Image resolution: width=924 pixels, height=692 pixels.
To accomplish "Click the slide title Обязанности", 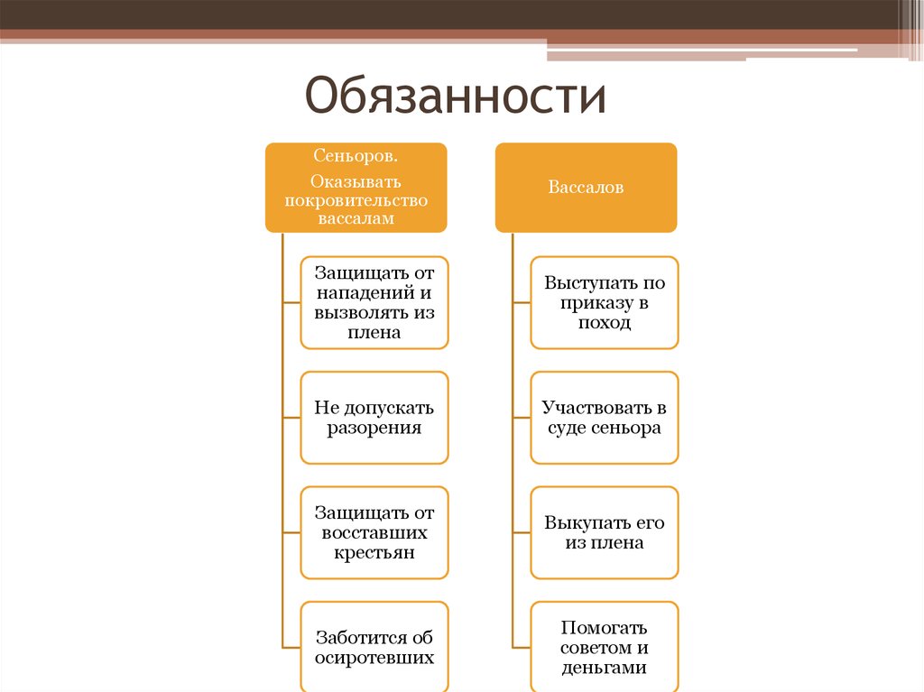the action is pyautogui.click(x=455, y=96).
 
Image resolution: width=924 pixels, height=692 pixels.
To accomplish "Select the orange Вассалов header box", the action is pyautogui.click(x=586, y=188).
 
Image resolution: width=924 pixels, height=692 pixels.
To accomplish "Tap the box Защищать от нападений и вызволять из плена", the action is pyautogui.click(x=374, y=302).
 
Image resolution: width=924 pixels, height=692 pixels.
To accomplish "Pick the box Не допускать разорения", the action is pyautogui.click(x=374, y=418).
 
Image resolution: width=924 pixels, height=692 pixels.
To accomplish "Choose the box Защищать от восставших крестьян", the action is pyautogui.click(x=374, y=532).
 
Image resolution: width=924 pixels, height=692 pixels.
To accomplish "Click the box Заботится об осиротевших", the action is pyautogui.click(x=374, y=647).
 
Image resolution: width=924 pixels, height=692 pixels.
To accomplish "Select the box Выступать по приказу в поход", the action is pyautogui.click(x=605, y=302).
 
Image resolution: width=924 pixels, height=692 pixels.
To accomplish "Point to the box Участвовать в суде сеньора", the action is pyautogui.click(x=605, y=418).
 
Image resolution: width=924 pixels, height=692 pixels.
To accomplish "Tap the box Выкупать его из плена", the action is pyautogui.click(x=605, y=532).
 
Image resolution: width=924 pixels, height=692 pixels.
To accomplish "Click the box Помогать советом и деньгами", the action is pyautogui.click(x=605, y=647).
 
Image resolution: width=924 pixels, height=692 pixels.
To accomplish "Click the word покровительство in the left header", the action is pyautogui.click(x=356, y=200).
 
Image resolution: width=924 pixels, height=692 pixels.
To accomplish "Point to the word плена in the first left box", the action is pyautogui.click(x=374, y=332).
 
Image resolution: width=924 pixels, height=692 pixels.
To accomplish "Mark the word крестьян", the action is pyautogui.click(x=374, y=553).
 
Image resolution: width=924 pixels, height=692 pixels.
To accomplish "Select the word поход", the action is pyautogui.click(x=605, y=323).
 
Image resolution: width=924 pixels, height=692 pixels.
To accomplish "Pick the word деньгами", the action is pyautogui.click(x=605, y=668).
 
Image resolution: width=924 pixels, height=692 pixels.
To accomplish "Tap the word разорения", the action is pyautogui.click(x=374, y=429).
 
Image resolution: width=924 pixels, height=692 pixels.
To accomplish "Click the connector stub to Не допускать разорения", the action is pyautogui.click(x=291, y=418).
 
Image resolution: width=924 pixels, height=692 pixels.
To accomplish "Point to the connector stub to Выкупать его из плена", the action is pyautogui.click(x=522, y=532).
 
